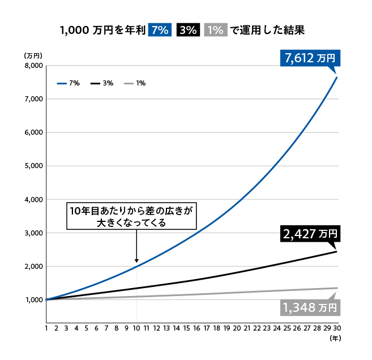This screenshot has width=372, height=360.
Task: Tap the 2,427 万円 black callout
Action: point(309,233)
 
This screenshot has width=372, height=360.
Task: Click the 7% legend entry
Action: point(69,83)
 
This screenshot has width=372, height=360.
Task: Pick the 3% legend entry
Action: point(102,83)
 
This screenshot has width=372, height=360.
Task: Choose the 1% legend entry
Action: point(135,83)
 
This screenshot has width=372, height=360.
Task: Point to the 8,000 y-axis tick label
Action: point(35,66)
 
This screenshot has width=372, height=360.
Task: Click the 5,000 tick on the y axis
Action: point(35,166)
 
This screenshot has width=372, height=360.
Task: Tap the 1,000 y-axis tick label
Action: point(35,300)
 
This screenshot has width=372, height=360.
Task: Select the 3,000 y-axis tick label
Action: point(35,233)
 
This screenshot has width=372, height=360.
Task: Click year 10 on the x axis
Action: point(136,328)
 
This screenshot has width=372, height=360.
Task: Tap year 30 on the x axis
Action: point(336,328)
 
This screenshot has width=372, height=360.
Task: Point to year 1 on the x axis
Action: point(46,328)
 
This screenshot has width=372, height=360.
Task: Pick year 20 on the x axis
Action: point(237,328)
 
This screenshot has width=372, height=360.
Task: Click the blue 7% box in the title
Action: point(159,31)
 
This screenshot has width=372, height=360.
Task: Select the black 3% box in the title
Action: point(187,31)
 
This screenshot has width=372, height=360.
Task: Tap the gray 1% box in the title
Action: point(214,31)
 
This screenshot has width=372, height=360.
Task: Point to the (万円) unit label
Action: point(33,55)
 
